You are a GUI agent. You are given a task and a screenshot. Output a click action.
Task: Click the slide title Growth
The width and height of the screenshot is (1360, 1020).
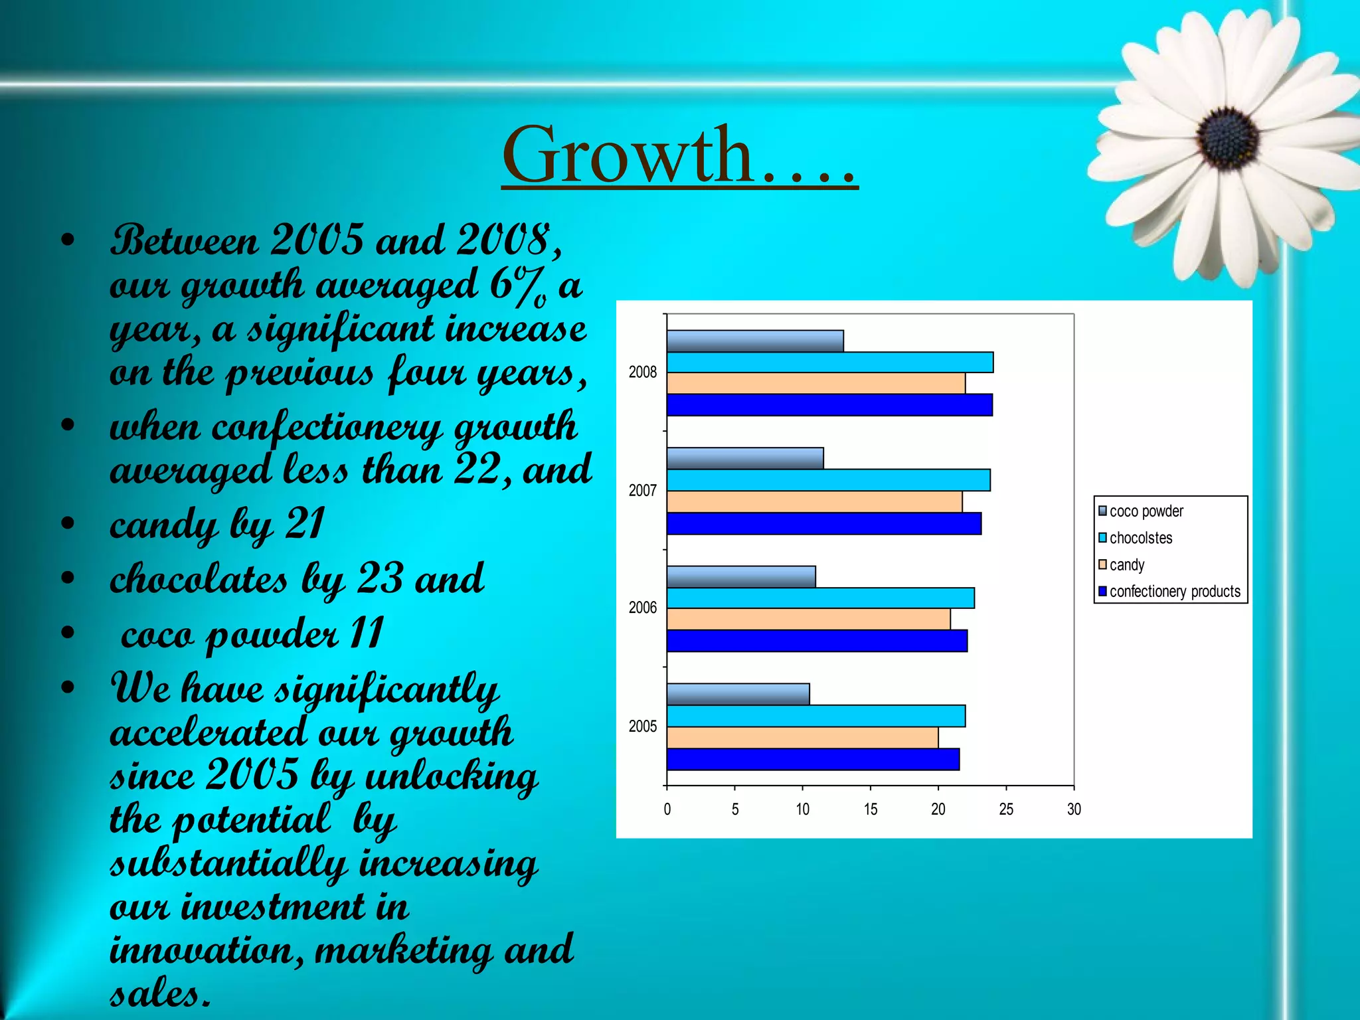[679, 156]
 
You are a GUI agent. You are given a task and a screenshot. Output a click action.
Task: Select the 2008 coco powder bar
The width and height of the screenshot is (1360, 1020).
[755, 341]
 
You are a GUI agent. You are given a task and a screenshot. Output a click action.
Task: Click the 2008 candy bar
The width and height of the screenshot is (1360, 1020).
[815, 384]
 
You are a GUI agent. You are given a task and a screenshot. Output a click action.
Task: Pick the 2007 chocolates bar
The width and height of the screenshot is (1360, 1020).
[828, 480]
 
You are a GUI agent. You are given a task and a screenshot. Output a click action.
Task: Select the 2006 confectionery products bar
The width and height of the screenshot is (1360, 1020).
[817, 641]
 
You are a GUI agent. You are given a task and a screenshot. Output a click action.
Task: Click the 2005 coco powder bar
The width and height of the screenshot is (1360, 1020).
[738, 694]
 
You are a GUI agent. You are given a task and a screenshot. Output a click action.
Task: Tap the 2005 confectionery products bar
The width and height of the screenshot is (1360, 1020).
[813, 759]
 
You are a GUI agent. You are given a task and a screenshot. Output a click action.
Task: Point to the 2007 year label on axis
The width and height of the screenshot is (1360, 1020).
[642, 491]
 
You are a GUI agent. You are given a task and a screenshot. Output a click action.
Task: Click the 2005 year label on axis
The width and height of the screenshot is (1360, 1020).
[642, 726]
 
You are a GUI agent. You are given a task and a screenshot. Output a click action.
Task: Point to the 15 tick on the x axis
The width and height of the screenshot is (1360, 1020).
[870, 809]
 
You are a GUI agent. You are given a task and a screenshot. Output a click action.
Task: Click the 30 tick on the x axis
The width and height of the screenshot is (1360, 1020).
[1074, 809]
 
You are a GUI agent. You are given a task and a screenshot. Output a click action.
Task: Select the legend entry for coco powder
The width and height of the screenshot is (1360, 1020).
[1146, 511]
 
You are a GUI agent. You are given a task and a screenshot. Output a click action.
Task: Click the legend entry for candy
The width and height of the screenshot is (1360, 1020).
[1126, 565]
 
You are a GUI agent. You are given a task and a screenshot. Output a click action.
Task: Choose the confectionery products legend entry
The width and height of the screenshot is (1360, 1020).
[1174, 592]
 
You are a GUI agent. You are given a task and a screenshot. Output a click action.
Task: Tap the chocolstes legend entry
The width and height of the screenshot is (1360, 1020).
[1140, 538]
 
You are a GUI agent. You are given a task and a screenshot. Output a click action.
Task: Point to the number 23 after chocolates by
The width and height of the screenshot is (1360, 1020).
[380, 578]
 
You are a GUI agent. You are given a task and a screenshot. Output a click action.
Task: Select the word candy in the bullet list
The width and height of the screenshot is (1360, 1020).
[163, 525]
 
